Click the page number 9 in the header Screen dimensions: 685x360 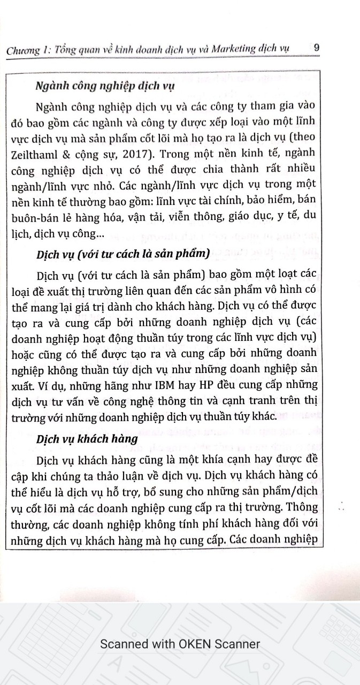pos(317,48)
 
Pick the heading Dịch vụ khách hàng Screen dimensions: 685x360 pos(88,438)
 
